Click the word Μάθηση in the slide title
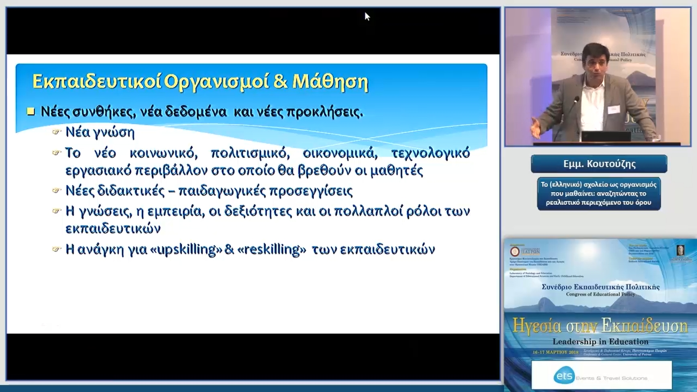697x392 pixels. (330, 82)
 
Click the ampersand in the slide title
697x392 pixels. (280, 81)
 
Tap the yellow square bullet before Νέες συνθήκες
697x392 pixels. (31, 111)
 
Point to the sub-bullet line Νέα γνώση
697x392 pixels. (100, 132)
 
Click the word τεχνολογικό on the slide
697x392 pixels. (431, 153)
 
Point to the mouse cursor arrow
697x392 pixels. (367, 16)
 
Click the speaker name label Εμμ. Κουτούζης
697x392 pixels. (599, 164)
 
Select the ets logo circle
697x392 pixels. (564, 376)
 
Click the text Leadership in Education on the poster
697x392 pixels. (600, 342)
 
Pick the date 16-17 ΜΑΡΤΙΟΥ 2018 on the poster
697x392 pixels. (555, 352)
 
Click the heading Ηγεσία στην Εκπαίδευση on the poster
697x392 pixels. (600, 326)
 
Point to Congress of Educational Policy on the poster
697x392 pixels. (600, 294)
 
